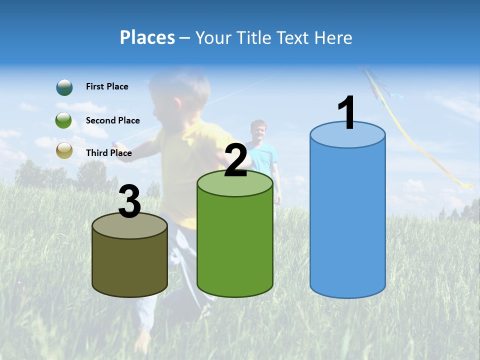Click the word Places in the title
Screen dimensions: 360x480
click(x=147, y=37)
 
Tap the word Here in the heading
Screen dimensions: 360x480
click(x=334, y=37)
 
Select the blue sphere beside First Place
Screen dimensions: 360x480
click(x=64, y=87)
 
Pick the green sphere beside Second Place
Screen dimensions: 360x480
click(x=64, y=120)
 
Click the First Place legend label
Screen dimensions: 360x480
click(x=107, y=86)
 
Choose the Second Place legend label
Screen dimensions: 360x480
click(x=112, y=120)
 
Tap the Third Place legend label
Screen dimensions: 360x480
click(x=108, y=153)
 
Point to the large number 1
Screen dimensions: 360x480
click(x=347, y=113)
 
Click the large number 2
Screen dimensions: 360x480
click(x=236, y=160)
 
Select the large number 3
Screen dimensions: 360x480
click(x=130, y=201)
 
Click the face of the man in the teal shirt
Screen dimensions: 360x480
click(x=258, y=131)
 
